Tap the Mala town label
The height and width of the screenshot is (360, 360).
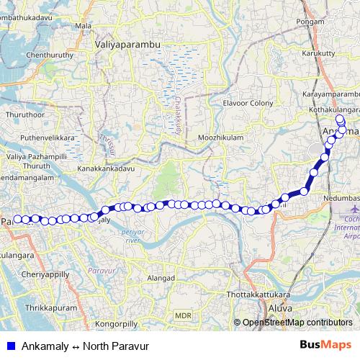point(84,26)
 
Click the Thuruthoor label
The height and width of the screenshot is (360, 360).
point(25,114)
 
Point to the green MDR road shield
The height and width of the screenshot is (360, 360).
point(183,315)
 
